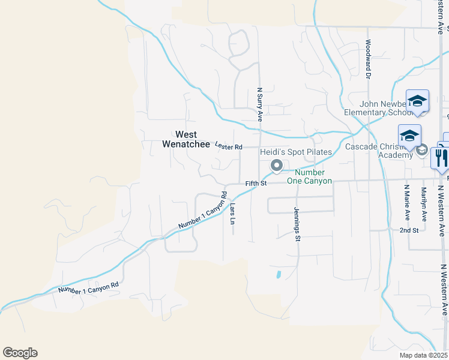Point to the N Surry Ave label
point(260,104)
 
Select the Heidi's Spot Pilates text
point(295,152)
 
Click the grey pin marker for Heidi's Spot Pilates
point(276,165)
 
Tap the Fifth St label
point(256,183)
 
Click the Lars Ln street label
point(232,213)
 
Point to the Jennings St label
point(297,224)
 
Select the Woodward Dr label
point(367,60)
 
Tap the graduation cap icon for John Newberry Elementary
point(417,101)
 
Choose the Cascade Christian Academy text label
point(378,150)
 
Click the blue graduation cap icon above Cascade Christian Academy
point(409,136)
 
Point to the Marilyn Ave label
point(423,204)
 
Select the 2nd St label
point(409,230)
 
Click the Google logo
point(20,353)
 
